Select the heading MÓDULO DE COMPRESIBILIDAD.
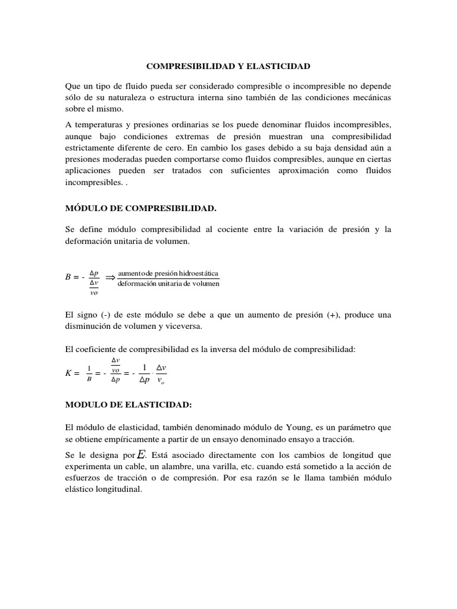(x=140, y=208)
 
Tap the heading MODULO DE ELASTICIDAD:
(x=128, y=404)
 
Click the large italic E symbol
(x=142, y=454)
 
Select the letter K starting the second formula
(x=68, y=373)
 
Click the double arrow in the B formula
(x=110, y=277)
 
